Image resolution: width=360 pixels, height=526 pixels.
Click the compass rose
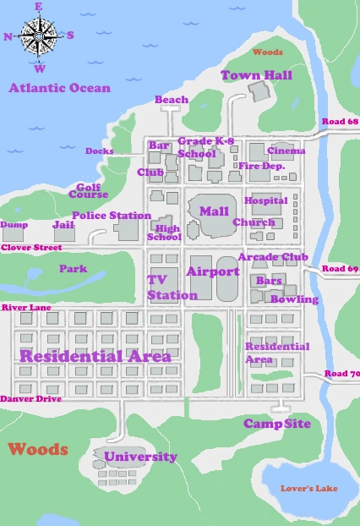point(39,36)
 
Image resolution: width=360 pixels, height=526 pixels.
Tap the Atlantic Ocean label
point(59,88)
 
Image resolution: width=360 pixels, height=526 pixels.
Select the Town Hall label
point(256,75)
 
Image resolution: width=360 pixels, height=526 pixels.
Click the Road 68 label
point(341,123)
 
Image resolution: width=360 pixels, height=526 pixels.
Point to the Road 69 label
point(341,269)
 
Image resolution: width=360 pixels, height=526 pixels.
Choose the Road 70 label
point(341,374)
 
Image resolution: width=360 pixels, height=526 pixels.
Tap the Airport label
point(213,271)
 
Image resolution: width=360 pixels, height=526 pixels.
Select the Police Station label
point(112,216)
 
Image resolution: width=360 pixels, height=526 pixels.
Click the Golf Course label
point(92,190)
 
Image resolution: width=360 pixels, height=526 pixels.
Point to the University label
point(140,457)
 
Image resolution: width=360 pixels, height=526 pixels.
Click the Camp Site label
point(277,423)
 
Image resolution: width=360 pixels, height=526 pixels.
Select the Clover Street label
point(31,248)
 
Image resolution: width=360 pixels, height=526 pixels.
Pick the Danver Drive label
point(30,397)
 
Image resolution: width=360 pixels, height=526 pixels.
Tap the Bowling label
point(295,299)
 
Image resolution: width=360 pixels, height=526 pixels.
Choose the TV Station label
point(172,288)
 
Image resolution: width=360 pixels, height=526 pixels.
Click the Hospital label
point(260,200)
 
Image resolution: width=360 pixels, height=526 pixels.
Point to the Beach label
point(172,100)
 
